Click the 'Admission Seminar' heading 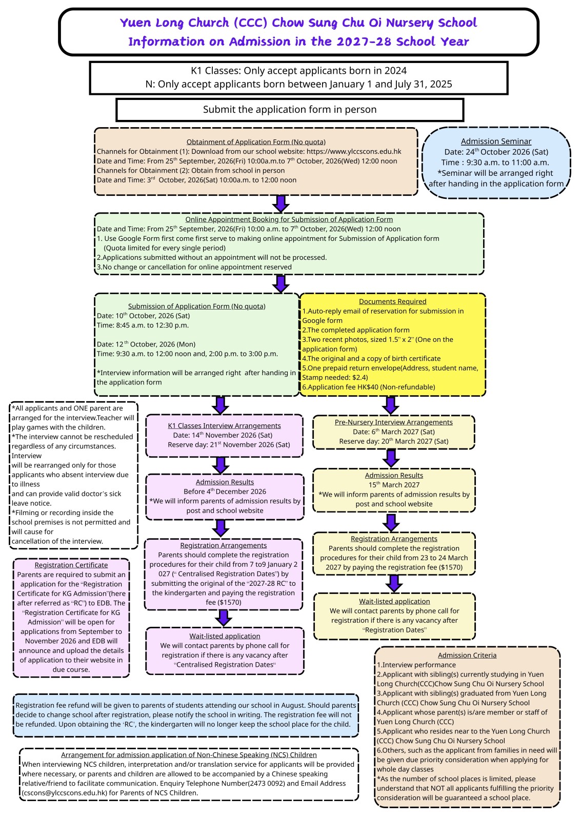(496, 141)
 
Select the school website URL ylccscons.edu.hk (353, 152)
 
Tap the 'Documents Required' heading (392, 301)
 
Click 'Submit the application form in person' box (290, 110)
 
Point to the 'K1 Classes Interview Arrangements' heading (224, 426)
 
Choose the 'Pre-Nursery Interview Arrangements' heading (393, 422)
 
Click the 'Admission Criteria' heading (467, 655)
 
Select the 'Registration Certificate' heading (71, 565)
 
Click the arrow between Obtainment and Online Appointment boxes (281, 203)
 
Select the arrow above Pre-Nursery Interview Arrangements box (391, 405)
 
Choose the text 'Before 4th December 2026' (225, 491)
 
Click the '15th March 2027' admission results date (394, 485)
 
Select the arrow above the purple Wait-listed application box (224, 618)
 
